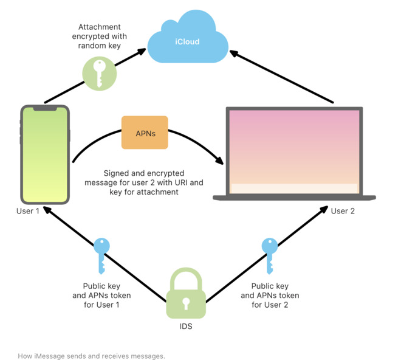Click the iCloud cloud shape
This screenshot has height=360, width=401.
coord(187,41)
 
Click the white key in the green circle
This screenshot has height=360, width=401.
coord(100,72)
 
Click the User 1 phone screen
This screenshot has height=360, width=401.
coord(45,156)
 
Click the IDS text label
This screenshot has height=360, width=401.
coord(186,327)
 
